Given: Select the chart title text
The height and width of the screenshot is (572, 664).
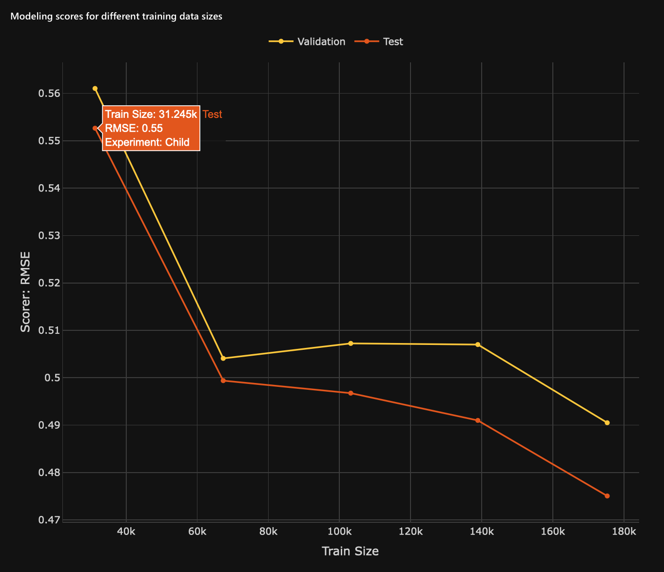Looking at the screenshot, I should pos(116,17).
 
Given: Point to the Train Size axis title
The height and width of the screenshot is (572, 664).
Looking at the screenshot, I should pos(350,551).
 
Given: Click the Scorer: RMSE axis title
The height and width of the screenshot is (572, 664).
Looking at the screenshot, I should pos(25,292).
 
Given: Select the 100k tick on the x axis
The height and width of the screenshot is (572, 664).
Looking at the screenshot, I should pos(339,531).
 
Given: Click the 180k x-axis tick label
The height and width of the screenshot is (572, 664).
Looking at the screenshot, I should pos(624,531).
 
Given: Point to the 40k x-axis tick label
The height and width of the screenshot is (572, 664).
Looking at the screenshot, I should pos(126,531).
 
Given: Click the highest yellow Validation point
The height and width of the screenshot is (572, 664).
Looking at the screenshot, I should pos(95,89).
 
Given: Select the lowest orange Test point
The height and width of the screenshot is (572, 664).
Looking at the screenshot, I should pos(607,496).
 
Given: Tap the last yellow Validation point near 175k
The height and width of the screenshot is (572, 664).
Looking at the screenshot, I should pos(607,422).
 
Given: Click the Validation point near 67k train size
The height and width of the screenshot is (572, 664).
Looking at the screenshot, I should pos(223,358).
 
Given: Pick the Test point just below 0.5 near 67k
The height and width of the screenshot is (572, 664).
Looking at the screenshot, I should pos(223,381).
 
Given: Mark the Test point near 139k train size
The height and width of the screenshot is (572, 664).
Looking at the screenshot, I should pos(478,420).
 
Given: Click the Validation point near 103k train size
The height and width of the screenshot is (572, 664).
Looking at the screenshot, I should pos(351,343).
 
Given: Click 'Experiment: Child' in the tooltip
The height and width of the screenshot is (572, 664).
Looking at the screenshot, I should pos(147,143).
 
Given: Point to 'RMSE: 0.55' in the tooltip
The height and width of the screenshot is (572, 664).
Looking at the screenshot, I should pos(134,128).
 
